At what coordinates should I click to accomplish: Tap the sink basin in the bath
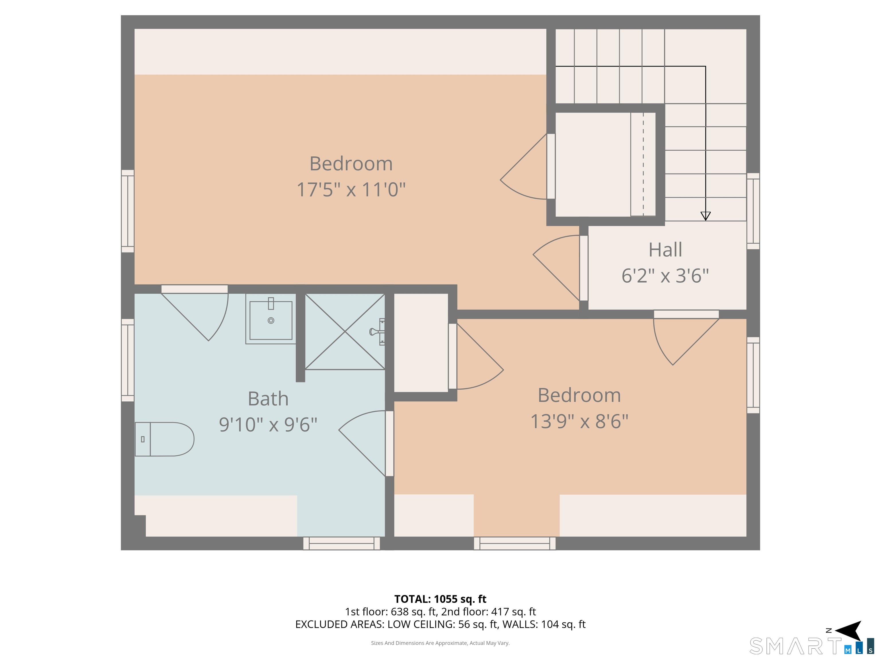point(271,320)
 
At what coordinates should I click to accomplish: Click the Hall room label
point(665,250)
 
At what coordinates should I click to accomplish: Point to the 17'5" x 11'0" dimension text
point(351,189)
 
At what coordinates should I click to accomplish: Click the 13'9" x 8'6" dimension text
point(579,421)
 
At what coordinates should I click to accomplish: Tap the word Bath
point(268,398)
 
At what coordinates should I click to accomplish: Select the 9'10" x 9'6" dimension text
point(268,424)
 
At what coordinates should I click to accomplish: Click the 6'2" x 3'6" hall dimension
point(665,276)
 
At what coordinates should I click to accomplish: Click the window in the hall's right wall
point(753,211)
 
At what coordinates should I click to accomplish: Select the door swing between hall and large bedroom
point(556,268)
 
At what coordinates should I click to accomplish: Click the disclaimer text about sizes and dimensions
point(440,643)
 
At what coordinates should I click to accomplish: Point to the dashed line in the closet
point(643,164)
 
